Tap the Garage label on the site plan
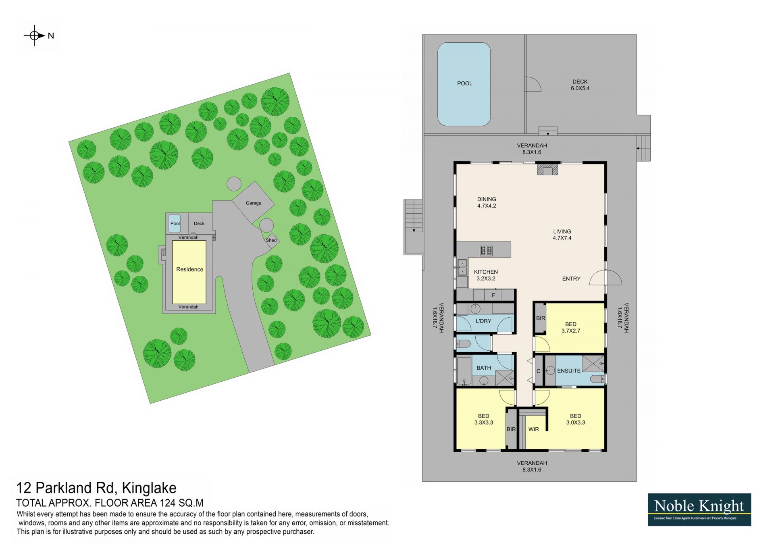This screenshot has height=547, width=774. pos(254,203)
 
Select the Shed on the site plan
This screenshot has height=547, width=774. pos(271,240)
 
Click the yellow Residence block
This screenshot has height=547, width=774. pos(189,272)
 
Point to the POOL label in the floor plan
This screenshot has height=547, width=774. pos(464,83)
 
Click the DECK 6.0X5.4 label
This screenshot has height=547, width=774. pos(580,85)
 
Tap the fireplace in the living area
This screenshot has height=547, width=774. pos(547,169)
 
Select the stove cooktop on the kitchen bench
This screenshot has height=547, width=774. pos(486,251)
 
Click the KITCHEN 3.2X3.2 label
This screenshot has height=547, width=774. pos(486,275)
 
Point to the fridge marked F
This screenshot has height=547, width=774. pos(493,295)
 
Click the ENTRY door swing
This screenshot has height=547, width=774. pos(605,277)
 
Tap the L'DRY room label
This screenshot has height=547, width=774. pos(483,321)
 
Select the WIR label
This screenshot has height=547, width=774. pos(534,429)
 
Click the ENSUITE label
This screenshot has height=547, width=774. pos(569,371)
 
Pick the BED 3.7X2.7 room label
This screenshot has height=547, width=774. pos(571,327)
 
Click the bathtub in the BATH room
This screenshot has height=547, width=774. pos(464,370)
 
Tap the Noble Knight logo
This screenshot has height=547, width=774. pos(699,510)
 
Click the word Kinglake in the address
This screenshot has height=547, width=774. pos(149,488)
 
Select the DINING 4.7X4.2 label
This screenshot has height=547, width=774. pos(487,202)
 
